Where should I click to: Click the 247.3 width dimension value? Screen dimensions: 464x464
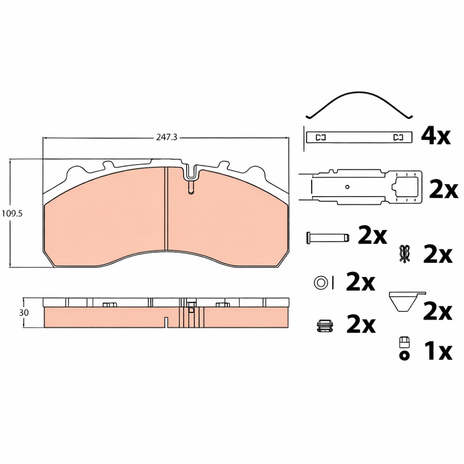(x=167, y=137)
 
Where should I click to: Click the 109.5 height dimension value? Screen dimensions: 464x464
(x=12, y=213)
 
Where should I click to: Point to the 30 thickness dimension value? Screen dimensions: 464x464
(x=24, y=312)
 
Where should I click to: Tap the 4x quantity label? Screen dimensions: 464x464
(x=436, y=136)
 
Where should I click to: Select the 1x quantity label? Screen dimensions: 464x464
(x=438, y=351)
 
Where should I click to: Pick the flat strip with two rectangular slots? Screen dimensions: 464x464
(x=359, y=137)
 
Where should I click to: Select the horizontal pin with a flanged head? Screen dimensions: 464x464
(x=328, y=237)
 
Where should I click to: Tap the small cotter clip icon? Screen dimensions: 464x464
(x=405, y=254)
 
